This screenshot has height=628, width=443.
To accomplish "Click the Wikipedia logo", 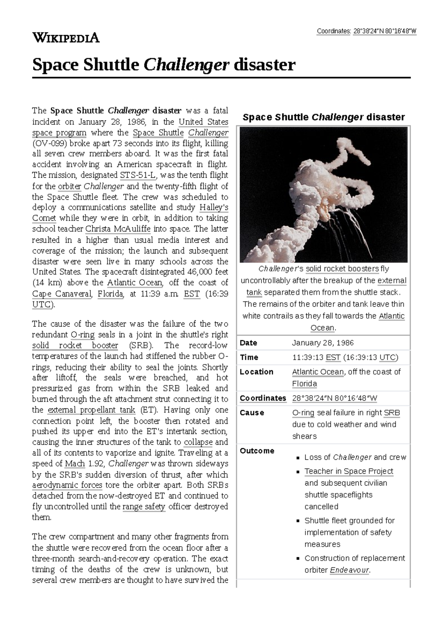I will pos(66,38).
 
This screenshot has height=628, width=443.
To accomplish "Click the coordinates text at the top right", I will pos(366,31).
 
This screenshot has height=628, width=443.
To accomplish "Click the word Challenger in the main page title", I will pos(186,65).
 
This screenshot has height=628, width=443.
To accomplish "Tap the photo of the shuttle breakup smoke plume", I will pos(323,195).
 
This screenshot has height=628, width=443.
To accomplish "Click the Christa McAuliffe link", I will pos(118,229).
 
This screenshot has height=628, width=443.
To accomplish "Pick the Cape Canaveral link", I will pos(61,294).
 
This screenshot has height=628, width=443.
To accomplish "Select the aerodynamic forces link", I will pos(67,485).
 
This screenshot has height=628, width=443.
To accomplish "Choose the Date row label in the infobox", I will pos(248,343).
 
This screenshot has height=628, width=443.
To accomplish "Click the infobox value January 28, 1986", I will pos(323,343).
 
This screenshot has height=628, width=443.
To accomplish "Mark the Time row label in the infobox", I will pos(249,357).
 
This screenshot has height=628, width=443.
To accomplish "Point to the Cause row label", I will pos(252,413).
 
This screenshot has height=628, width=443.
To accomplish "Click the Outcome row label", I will pos(257,451).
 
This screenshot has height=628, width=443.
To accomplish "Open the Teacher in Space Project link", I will pos(348,471).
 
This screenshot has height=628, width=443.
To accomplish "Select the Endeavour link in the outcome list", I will pos(349,570).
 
